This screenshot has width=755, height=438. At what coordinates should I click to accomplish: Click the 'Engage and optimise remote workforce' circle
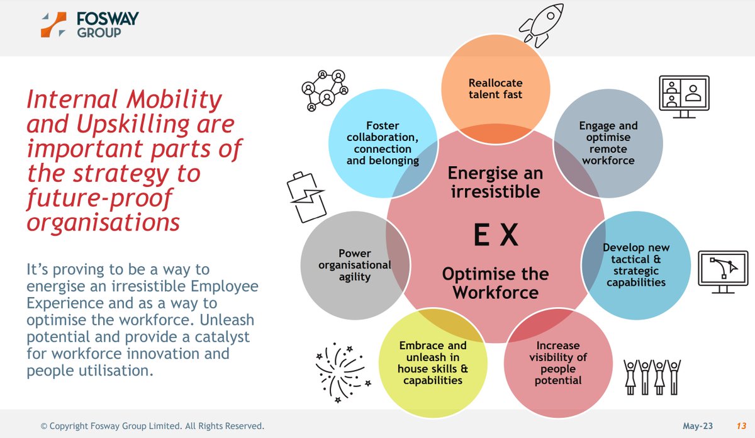(608, 143)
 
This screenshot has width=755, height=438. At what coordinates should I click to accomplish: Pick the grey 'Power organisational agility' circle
(354, 264)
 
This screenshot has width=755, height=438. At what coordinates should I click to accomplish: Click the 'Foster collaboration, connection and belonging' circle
(383, 143)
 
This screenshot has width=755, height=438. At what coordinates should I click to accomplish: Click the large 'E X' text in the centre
(495, 237)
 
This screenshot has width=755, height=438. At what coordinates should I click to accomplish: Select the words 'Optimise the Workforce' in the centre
(495, 283)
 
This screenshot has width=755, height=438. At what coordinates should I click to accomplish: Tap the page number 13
(741, 426)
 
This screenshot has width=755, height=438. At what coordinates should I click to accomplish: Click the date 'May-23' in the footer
(698, 426)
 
